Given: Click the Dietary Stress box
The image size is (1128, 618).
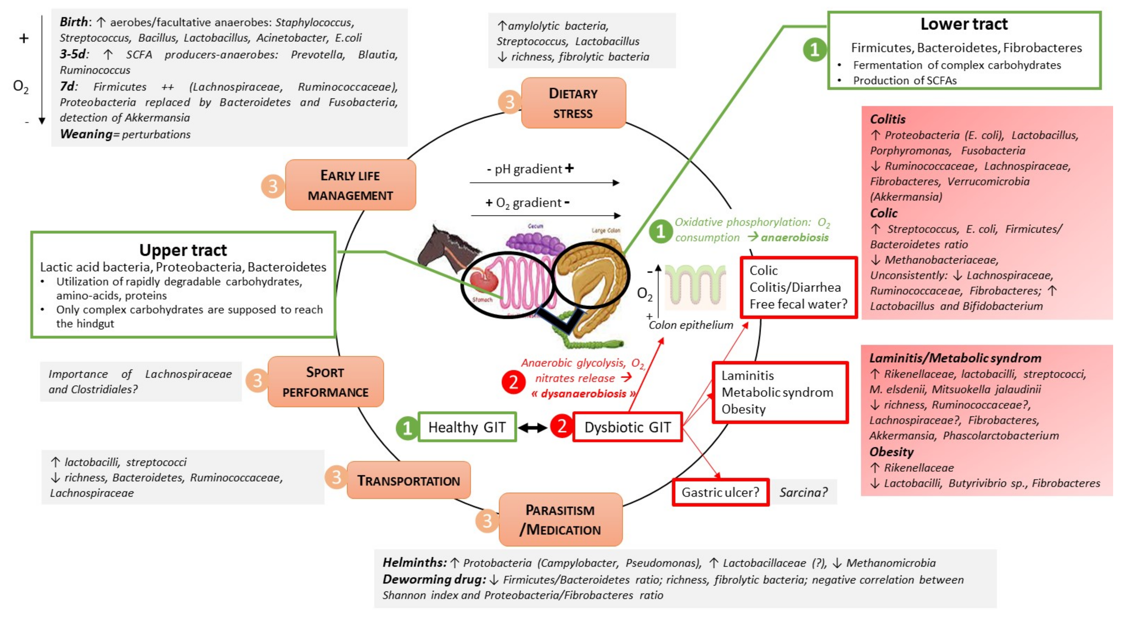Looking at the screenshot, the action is click(x=573, y=103).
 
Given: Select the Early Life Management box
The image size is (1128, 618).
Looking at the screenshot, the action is click(x=350, y=185).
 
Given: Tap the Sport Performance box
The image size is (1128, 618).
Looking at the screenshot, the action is click(x=325, y=382).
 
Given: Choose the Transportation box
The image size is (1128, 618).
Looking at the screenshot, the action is click(x=409, y=480).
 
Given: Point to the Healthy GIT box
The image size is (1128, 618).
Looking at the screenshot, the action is click(x=467, y=427).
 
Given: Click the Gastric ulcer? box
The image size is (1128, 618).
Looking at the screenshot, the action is click(x=720, y=492).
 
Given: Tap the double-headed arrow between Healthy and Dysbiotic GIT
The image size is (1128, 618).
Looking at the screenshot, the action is click(x=532, y=427).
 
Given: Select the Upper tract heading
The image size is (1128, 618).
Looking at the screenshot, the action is click(x=183, y=250).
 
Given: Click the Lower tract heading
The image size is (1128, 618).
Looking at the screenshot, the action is click(x=964, y=24).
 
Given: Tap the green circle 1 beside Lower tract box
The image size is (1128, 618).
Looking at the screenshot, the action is click(x=814, y=49).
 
